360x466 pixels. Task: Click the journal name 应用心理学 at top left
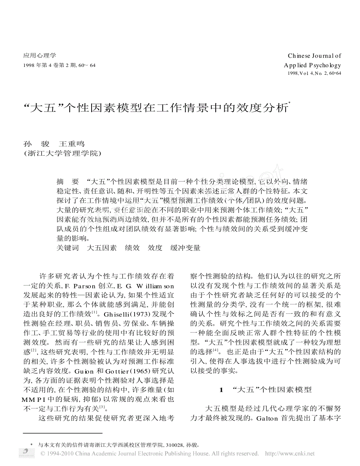[40, 56]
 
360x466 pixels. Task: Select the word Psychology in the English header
[325, 65]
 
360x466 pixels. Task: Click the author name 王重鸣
[71, 144]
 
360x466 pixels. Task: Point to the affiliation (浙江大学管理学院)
[63, 153]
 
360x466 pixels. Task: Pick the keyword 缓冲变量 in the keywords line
[185, 248]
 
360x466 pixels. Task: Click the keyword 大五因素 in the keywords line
[101, 248]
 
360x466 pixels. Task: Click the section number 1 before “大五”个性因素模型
[221, 390]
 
